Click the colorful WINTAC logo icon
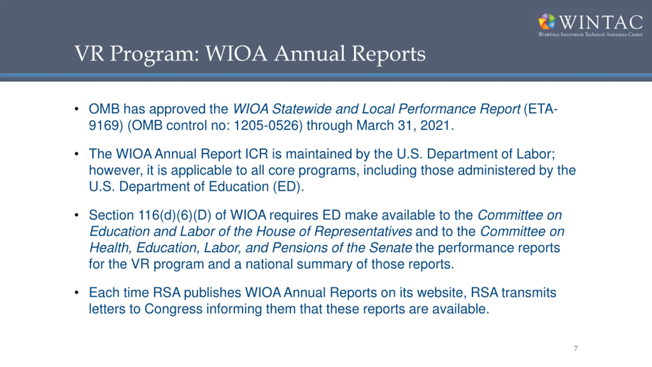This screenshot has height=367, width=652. coord(547,21)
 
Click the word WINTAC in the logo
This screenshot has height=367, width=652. coord(601,22)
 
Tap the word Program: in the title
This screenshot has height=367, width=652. coord(154,54)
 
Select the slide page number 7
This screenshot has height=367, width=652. coord(576,348)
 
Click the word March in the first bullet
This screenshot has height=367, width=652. coord(375,125)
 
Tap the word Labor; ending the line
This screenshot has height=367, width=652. coord(536,154)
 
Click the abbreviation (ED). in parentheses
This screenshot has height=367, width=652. coord(288,187)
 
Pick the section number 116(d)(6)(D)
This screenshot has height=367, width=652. coord(175,215)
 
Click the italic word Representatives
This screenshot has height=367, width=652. coord(363,231)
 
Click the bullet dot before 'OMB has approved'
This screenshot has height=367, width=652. coord(77,109)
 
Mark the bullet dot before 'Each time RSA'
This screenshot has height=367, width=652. coord(77,293)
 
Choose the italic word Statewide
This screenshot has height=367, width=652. coord(302,109)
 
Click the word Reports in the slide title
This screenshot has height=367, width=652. coord(388,54)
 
